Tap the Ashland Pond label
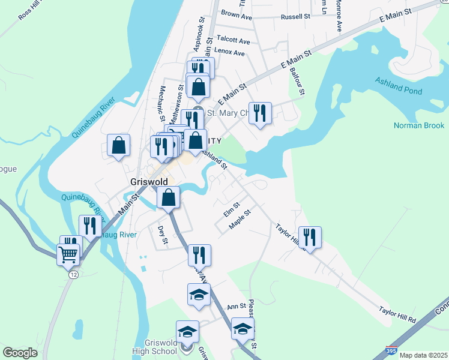tap(399, 86)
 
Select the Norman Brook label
tap(419, 125)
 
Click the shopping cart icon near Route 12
tap(68, 254)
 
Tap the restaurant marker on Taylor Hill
tap(310, 238)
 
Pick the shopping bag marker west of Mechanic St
tap(119, 145)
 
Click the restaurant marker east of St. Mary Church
tap(260, 113)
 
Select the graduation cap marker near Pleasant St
tap(243, 329)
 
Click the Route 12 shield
tap(73, 274)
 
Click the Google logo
tap(20, 353)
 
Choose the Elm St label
tap(231, 209)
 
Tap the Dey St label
tap(161, 235)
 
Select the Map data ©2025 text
tap(423, 355)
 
